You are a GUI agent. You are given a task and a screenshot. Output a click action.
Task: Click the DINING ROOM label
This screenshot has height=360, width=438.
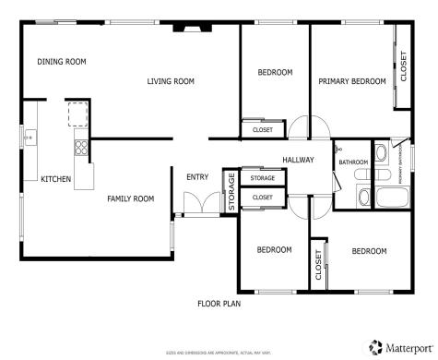click(x=62, y=62)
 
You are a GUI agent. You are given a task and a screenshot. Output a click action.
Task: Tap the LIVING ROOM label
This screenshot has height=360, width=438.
click(x=171, y=82)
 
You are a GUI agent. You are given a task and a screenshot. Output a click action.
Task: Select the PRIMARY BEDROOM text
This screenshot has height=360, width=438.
click(x=351, y=82)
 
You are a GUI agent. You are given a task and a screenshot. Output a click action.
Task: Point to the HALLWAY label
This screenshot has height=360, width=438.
click(x=298, y=160)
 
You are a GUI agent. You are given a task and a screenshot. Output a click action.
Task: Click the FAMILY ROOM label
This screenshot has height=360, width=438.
click(x=130, y=198)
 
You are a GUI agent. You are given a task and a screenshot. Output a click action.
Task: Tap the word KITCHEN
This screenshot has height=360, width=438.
click(x=55, y=179)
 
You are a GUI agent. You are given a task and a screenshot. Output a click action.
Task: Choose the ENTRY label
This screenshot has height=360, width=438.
click(x=197, y=177)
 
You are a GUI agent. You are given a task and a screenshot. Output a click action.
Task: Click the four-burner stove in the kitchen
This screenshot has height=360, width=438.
click(x=81, y=146)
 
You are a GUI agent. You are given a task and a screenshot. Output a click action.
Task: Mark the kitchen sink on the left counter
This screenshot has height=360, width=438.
click(x=30, y=138)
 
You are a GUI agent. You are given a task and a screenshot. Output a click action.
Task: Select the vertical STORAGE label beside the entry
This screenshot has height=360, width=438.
click(x=231, y=191)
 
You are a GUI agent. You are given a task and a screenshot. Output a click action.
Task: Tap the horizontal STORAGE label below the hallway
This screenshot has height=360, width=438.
click(x=263, y=177)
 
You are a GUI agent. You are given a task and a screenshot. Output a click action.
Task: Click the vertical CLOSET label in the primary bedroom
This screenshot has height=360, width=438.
click(x=402, y=66)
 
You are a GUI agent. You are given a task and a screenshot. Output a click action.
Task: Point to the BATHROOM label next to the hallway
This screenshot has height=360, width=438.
click(x=353, y=162)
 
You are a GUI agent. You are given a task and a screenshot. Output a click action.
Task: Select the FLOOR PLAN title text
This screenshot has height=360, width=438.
click(x=219, y=303)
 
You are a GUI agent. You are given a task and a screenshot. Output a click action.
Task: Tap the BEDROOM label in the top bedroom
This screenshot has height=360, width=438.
click(x=275, y=72)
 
